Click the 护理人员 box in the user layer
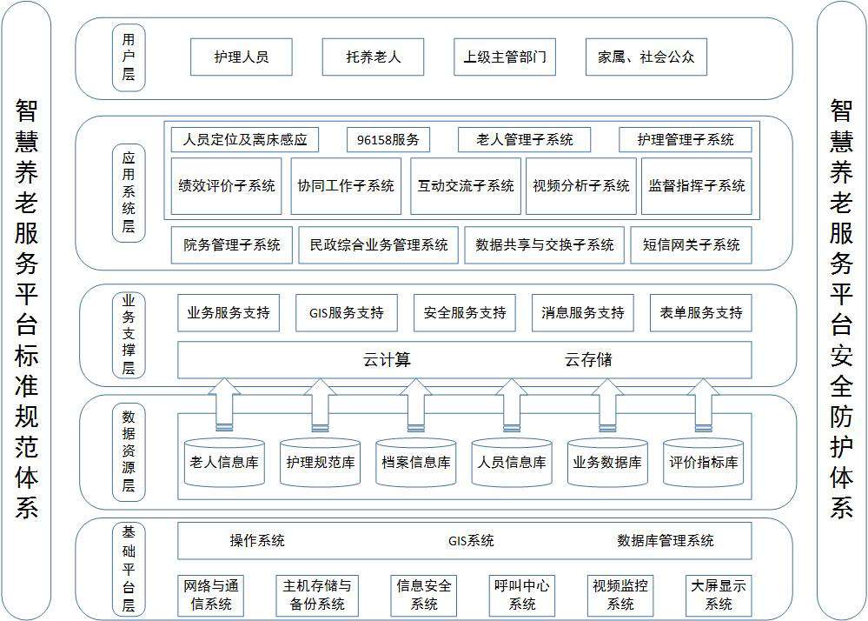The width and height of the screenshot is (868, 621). [x=242, y=57]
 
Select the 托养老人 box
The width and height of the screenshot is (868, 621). [x=373, y=57]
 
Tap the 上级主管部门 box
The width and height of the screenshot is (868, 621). [x=505, y=57]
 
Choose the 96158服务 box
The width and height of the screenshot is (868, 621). [x=388, y=140]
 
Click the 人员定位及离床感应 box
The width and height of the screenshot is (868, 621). [x=245, y=140]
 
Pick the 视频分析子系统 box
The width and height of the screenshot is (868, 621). [x=581, y=185]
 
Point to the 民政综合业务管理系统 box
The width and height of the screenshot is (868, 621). [x=379, y=245]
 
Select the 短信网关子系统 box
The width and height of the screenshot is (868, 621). [x=692, y=245]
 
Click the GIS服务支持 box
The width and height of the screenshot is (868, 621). [x=347, y=313]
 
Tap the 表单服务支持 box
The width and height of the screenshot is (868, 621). [x=701, y=313]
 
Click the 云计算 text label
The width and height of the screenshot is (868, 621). [x=387, y=360]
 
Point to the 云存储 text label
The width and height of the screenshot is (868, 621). [x=588, y=360]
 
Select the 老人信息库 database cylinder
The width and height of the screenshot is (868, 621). [x=224, y=463]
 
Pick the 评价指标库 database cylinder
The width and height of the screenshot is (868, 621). [x=704, y=463]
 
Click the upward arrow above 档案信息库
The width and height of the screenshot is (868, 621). [x=415, y=405]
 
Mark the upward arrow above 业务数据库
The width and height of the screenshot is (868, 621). [x=607, y=405]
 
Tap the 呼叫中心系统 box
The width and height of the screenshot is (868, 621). [x=522, y=596]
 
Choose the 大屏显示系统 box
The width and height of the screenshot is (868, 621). [x=719, y=596]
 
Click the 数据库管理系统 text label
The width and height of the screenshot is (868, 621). [x=666, y=541]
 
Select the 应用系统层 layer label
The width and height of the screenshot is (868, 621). [x=129, y=193]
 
